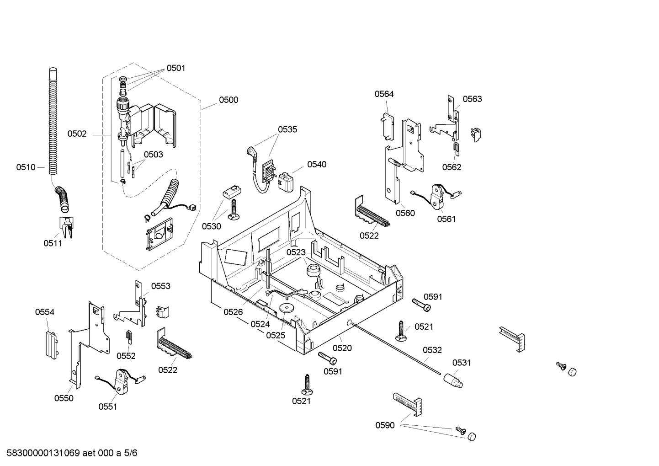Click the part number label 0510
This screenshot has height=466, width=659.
(26, 167)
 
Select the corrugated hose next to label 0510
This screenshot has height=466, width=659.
(53, 123)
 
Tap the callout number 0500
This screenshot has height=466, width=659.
(229, 100)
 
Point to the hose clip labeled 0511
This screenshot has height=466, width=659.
(67, 227)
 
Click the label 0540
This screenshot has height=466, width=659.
(317, 164)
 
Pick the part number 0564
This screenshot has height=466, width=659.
(384, 94)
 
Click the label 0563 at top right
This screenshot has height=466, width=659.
(472, 99)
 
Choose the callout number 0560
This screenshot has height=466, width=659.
(405, 213)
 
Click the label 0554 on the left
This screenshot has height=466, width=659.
(45, 312)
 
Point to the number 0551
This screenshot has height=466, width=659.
(108, 406)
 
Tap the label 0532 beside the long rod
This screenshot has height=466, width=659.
(432, 350)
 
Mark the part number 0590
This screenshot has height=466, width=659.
(385, 425)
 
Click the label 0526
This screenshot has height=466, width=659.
(233, 312)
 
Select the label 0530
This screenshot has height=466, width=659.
(212, 226)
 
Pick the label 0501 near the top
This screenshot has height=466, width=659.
(176, 68)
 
